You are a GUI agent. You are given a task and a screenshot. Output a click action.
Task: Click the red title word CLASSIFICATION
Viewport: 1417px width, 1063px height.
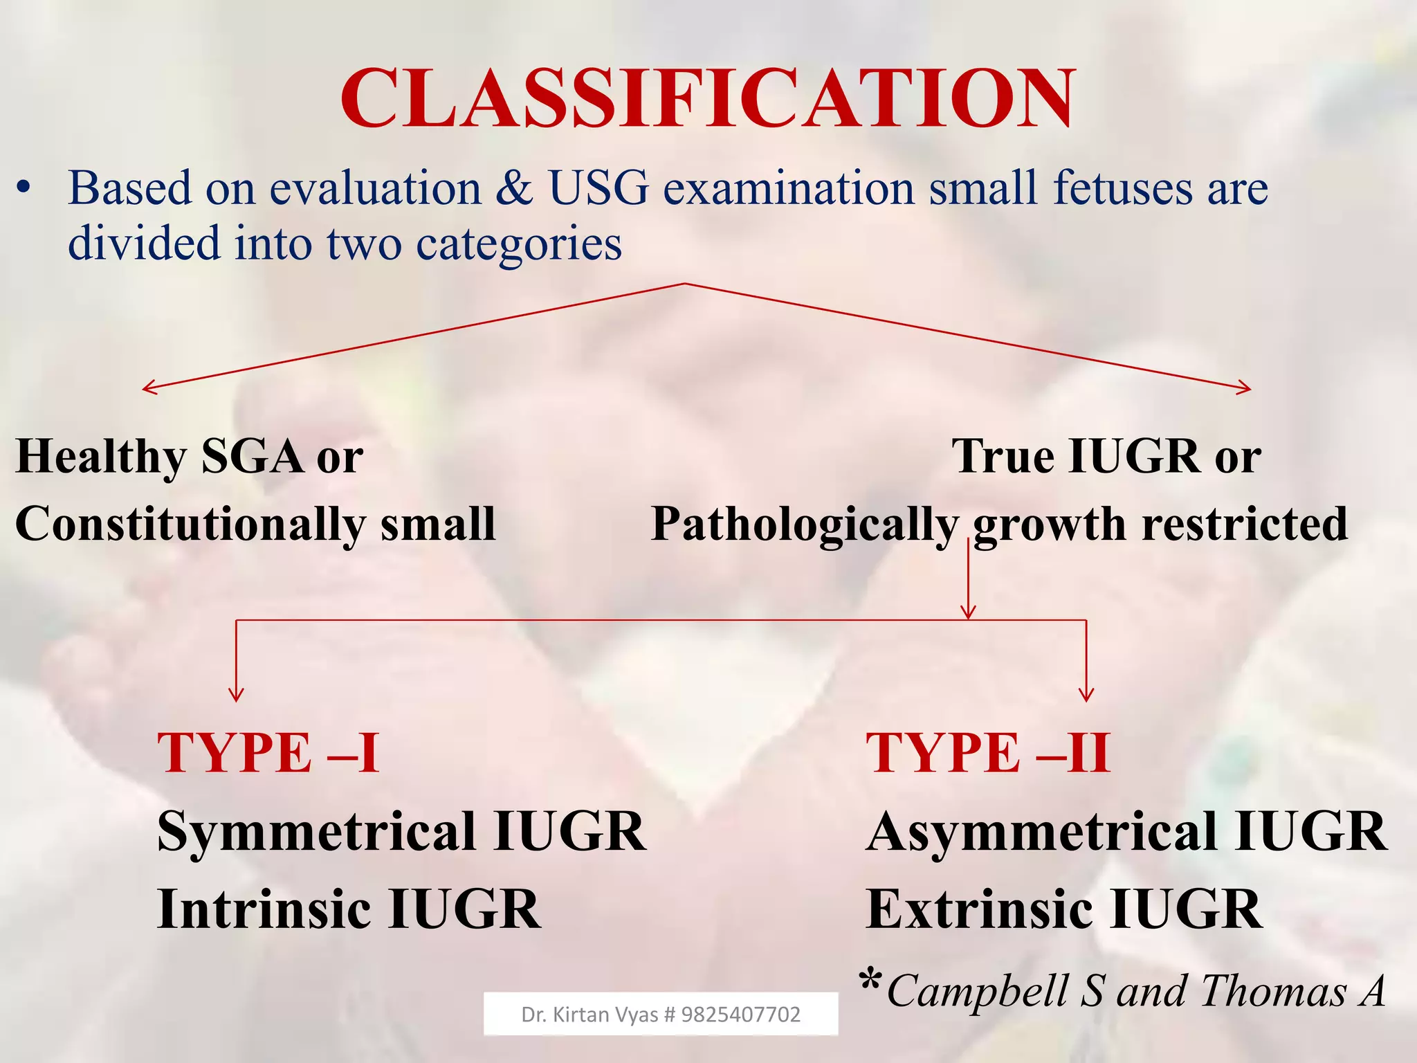tap(708, 98)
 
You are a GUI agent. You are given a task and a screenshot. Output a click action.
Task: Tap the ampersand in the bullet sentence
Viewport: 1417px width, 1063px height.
tap(514, 188)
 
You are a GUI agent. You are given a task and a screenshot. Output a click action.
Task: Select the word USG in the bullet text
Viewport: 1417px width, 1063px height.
tap(599, 188)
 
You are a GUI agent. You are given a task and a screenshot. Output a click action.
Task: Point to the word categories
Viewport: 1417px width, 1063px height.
tap(519, 245)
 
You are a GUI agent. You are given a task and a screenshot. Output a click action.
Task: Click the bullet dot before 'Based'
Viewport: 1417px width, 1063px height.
tap(25, 188)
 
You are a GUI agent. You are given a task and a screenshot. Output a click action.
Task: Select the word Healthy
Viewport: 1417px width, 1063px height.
tap(101, 457)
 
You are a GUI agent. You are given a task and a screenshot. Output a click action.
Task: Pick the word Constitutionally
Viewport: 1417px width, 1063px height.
tap(190, 525)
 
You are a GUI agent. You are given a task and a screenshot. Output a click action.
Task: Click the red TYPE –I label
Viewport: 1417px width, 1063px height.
tap(268, 752)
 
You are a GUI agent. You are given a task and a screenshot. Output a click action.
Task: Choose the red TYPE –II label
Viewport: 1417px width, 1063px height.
tap(989, 752)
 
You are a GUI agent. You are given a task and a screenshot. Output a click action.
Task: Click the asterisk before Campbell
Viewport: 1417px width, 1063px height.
tap(870, 981)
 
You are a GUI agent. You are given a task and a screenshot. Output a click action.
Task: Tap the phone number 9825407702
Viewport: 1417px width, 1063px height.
tap(741, 1015)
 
